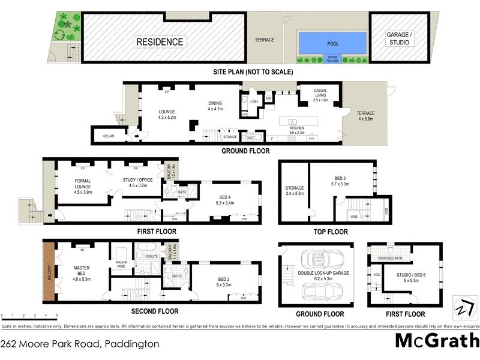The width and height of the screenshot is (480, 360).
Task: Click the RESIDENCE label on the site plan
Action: [160, 42]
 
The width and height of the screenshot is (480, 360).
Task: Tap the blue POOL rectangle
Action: [332, 42]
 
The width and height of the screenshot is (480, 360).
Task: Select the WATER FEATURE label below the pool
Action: [332, 59]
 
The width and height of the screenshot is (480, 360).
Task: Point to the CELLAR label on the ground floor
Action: [108, 136]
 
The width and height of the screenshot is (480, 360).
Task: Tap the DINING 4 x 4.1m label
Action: [215, 106]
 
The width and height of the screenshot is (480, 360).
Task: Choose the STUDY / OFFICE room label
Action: [137, 181]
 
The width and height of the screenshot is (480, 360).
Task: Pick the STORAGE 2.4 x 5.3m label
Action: [294, 191]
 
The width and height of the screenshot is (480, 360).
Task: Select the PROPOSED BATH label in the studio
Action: [389, 259]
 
